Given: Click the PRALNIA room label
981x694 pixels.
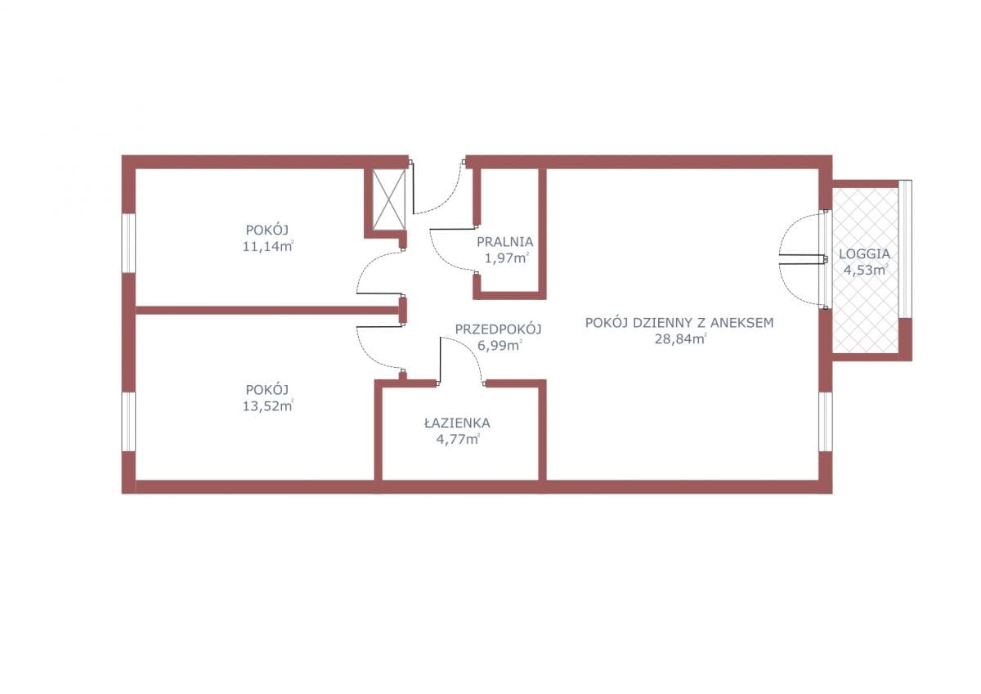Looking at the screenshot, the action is tap(505, 242).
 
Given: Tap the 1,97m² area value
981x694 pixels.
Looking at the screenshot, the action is tap(506, 257).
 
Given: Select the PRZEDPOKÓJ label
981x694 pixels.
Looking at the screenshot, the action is tap(499, 329).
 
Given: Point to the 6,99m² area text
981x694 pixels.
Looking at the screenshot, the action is tap(499, 346).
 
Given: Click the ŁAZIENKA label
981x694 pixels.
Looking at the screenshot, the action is tap(457, 423).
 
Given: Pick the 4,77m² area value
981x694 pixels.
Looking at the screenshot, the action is tap(458, 439).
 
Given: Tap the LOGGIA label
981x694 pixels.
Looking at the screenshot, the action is tap(865, 254).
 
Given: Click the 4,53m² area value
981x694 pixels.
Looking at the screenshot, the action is tap(866, 270).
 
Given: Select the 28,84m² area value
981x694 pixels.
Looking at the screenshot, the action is tap(680, 339).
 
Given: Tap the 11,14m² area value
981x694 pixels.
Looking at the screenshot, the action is tap(267, 247).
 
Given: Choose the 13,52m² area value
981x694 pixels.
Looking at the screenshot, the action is tap(267, 406).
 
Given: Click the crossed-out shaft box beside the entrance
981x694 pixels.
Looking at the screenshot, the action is tap(389, 199).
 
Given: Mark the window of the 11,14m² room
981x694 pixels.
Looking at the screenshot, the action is tap(128, 243).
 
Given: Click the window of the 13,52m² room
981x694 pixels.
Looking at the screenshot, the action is tap(128, 421).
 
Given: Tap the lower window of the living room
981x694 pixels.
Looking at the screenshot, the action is tap(826, 421).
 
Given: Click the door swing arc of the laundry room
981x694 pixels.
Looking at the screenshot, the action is tap(441, 258).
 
